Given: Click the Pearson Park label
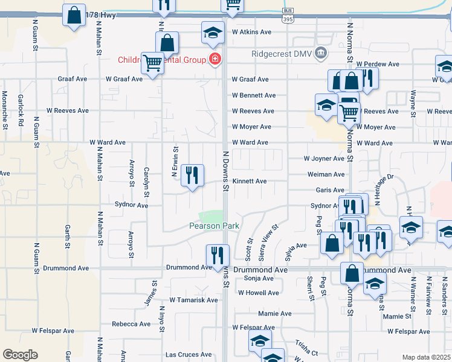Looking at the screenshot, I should point(215,226).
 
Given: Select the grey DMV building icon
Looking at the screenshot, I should point(321,53).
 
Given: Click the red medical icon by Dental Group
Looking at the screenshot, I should point(214,59).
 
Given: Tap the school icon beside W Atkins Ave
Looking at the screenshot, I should point(213,33).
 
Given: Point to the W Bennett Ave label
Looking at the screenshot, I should point(254,95).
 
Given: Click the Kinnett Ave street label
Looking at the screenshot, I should point(250,181).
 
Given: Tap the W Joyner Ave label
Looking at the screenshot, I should point(323,159).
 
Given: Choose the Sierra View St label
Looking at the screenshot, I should point(268,243).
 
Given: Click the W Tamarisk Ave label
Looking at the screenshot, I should point(193,300).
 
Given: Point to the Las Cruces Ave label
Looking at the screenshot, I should point(189,355).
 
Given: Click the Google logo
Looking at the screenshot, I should point(20,355).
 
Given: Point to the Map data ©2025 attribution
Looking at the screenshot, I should point(426,357).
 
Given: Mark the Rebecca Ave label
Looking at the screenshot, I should point(131,324).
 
